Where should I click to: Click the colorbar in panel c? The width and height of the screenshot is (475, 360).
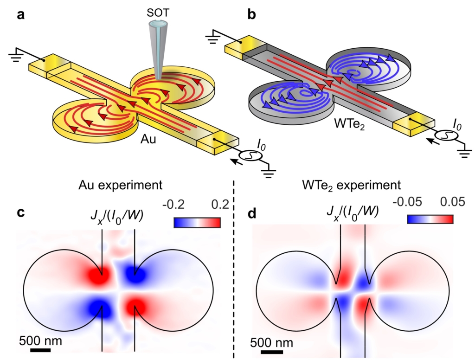[197, 223]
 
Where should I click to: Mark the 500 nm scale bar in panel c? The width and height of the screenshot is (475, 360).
[40, 350]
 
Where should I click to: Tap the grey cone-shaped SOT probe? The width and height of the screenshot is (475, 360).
[157, 46]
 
